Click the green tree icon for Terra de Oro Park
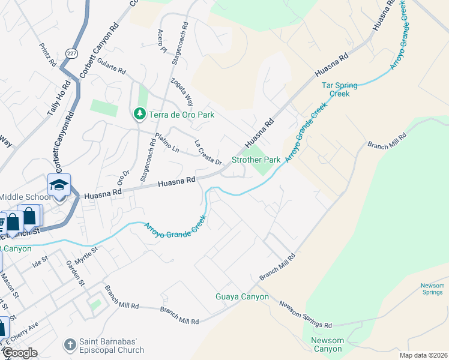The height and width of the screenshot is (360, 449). tap(139, 113)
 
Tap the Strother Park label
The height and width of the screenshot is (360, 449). tap(256, 160)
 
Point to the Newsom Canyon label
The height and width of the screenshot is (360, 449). tap(327, 345)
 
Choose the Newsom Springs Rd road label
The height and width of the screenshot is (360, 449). tap(305, 314)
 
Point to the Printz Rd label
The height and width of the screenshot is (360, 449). tap(47, 55)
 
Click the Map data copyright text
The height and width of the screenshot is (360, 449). tap(423, 355)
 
